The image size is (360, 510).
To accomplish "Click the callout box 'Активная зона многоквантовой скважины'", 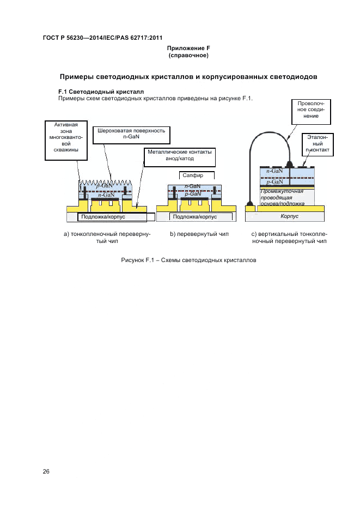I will point(63,141).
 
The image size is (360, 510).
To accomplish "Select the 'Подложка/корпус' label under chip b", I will point(195,216).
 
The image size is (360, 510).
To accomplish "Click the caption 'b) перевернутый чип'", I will point(199,234).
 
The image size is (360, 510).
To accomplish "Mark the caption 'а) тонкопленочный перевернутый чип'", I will point(107,237).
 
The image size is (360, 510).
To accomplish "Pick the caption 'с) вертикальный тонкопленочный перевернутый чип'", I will point(289,237).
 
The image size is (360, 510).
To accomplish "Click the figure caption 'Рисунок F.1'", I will point(188,260).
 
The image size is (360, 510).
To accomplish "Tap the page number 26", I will point(46,471).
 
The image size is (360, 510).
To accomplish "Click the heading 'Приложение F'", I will point(188,48).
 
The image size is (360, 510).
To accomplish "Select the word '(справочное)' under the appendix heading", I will point(188,56).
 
